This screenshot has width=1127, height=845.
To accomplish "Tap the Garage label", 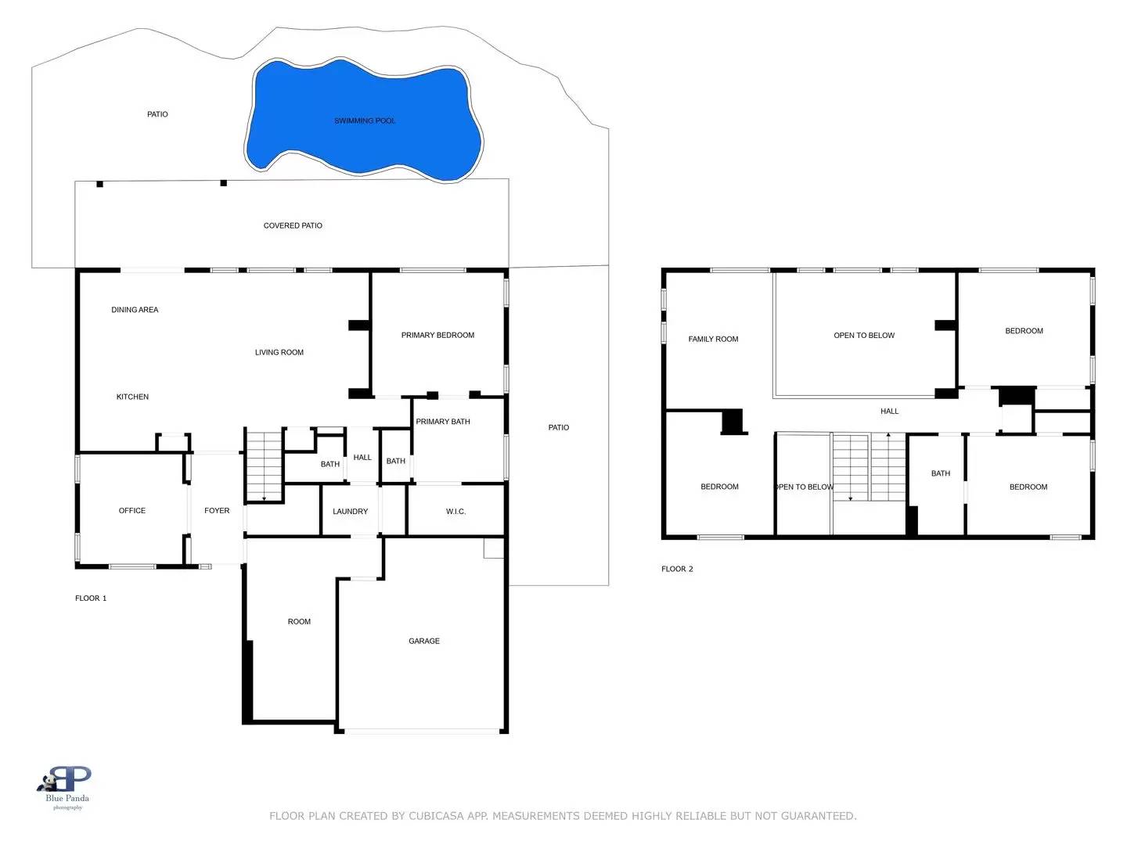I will pyautogui.click(x=424, y=641).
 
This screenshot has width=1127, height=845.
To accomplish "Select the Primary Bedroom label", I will pyautogui.click(x=437, y=335).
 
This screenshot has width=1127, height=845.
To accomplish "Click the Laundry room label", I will pyautogui.click(x=350, y=512).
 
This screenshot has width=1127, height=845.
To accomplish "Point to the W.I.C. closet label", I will pyautogui.click(x=455, y=512).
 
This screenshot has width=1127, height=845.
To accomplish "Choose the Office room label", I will pyautogui.click(x=132, y=511).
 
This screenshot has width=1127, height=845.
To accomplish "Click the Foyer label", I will pyautogui.click(x=217, y=511).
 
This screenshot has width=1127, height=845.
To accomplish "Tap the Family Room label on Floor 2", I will pyautogui.click(x=713, y=339).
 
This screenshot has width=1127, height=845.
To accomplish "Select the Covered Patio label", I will pyautogui.click(x=293, y=225).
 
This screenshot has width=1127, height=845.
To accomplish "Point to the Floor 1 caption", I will pyautogui.click(x=91, y=599).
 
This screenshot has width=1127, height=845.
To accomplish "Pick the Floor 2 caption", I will pyautogui.click(x=677, y=569).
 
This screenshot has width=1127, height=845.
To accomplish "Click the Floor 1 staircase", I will pyautogui.click(x=265, y=466).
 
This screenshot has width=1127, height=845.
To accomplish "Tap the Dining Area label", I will pyautogui.click(x=135, y=310).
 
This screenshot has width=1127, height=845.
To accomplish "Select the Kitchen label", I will pyautogui.click(x=132, y=397).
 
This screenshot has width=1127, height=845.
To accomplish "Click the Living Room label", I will pyautogui.click(x=279, y=352).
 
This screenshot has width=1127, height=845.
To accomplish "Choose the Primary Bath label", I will pyautogui.click(x=443, y=422).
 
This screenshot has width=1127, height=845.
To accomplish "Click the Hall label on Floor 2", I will pyautogui.click(x=889, y=411).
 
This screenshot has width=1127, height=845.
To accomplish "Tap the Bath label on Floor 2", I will pyautogui.click(x=941, y=473).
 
